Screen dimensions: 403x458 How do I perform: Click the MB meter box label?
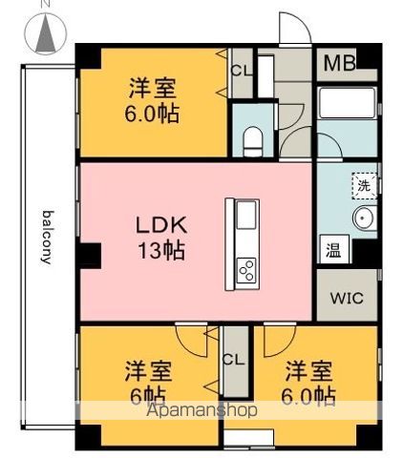pos(340,63)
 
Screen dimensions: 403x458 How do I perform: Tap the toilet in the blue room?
pos(253,141)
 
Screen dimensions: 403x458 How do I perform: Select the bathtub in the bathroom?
pos(347,103)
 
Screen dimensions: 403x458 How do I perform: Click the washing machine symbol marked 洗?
pos(365,186)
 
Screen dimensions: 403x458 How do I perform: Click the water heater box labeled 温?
pos(334,249)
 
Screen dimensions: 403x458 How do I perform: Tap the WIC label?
pos(347,298)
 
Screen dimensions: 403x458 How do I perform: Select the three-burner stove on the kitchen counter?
pos(245,270)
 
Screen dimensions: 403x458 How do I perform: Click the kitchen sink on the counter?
pos(245,215)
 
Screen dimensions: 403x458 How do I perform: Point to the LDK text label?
pos(161,225)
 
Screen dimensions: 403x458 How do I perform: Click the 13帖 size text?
pos(161,250)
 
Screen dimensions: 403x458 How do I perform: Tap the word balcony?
pos(47,238)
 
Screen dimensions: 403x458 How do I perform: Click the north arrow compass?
pos(46,33)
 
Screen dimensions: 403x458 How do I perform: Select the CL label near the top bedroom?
pos(241,71)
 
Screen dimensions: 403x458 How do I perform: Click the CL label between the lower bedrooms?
pos(233,360)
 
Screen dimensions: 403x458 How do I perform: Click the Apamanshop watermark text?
pos(201,410)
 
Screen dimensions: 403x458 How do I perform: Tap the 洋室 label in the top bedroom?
pos(153,88)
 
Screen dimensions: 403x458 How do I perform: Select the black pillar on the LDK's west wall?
pos(90,256)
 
